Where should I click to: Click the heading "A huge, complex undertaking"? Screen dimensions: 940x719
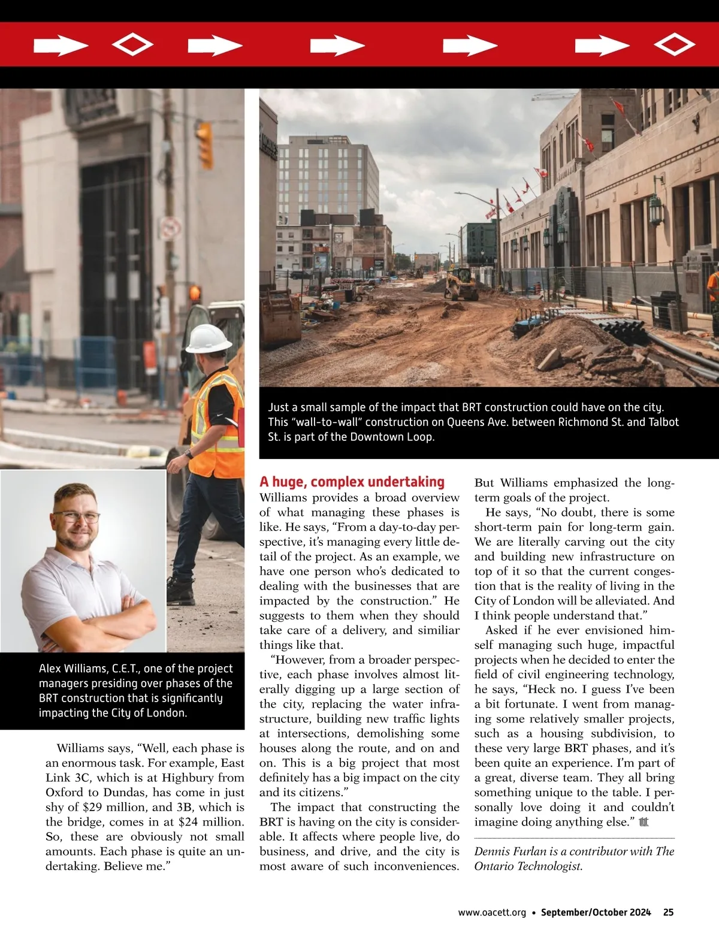(352, 482)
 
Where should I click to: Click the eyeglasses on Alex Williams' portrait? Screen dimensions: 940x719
(76, 517)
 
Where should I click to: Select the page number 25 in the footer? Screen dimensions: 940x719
(668, 912)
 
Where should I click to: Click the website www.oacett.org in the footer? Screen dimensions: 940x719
(492, 912)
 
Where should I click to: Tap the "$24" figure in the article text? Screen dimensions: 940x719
(190, 822)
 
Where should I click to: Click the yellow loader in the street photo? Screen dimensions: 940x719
(460, 285)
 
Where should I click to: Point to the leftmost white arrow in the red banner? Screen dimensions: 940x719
(61, 46)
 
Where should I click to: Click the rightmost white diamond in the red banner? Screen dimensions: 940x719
(674, 44)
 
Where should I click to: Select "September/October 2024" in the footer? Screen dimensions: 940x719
(596, 912)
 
